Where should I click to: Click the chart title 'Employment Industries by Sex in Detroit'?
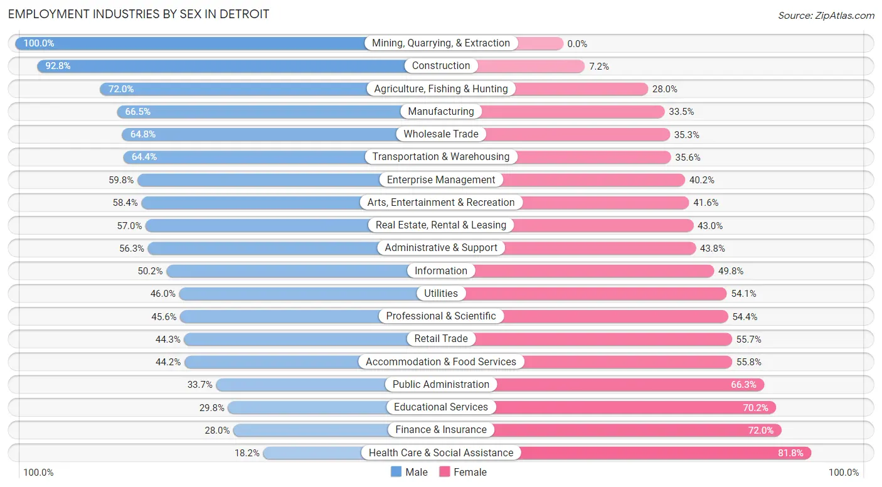[x=139, y=14]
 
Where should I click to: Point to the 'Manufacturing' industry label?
[x=441, y=112]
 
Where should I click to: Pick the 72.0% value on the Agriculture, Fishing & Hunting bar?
[x=121, y=89]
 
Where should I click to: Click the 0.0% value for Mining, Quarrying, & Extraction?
[x=577, y=43]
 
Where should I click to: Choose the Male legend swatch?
[x=396, y=472]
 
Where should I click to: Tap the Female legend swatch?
[x=445, y=472]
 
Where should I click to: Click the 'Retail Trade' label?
[x=441, y=339]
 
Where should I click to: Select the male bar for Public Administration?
[x=301, y=385]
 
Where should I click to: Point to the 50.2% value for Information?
[x=149, y=271]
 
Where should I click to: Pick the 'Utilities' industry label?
[x=441, y=294]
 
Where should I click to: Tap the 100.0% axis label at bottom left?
[x=38, y=473]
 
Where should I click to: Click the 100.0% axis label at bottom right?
[x=844, y=473]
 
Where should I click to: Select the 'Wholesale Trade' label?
[x=441, y=134]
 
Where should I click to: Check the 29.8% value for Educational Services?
[x=212, y=407]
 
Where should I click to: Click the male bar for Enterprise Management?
[x=257, y=180]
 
